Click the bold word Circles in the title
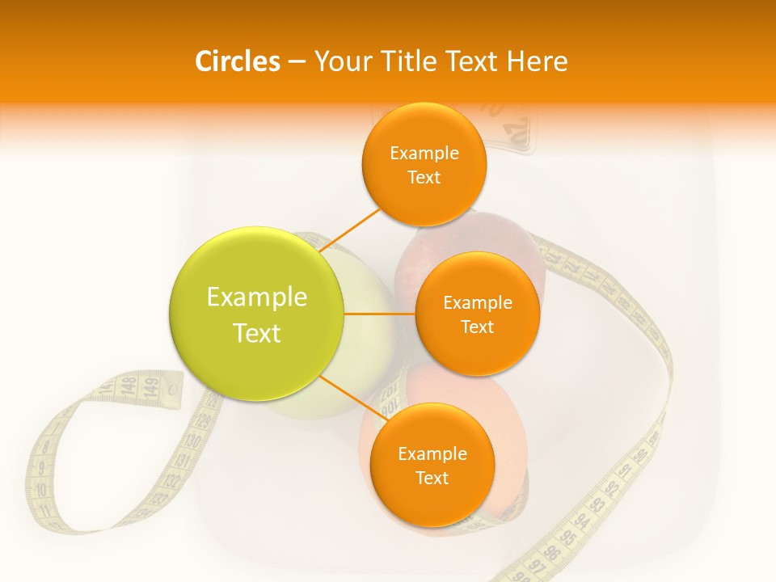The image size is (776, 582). (x=237, y=61)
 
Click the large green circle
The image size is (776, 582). (x=257, y=314)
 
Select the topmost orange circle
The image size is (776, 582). (x=424, y=164)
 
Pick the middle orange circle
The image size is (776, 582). (x=477, y=314)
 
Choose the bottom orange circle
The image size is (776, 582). (x=432, y=465)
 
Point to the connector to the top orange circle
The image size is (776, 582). (x=350, y=230)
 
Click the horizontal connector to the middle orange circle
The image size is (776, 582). (x=380, y=314)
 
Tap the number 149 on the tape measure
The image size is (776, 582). (x=150, y=387)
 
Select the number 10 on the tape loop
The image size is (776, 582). (x=40, y=490)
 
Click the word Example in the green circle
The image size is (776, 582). (x=257, y=297)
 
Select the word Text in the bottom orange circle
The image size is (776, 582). (x=432, y=478)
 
